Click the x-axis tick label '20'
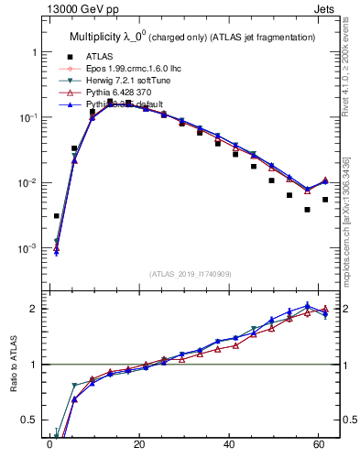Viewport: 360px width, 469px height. pos(138,447)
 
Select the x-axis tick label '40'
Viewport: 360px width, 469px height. pos(228,447)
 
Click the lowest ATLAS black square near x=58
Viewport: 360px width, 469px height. pos(307,210)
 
